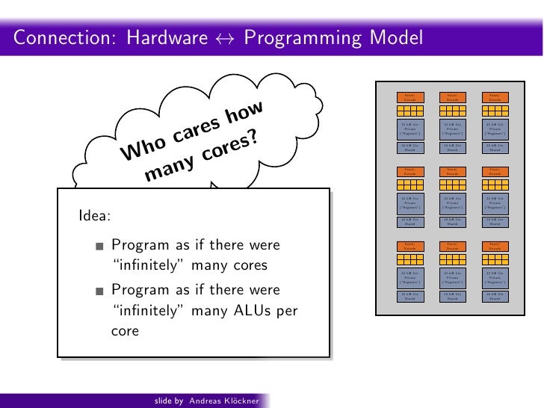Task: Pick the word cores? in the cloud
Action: coord(229,146)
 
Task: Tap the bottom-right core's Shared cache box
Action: coord(494,297)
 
